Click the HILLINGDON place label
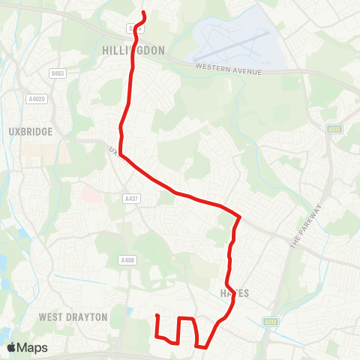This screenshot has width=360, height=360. [x=132, y=50]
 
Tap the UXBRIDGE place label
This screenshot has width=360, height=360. [x=31, y=131]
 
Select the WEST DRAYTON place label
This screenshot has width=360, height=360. [x=73, y=317]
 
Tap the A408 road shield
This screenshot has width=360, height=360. [x=127, y=260]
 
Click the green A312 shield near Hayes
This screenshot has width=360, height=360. [x=271, y=321]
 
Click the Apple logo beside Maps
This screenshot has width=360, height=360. [x=10, y=347]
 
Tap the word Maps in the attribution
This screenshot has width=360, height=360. [x=32, y=348]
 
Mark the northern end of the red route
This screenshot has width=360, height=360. [x=143, y=13]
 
